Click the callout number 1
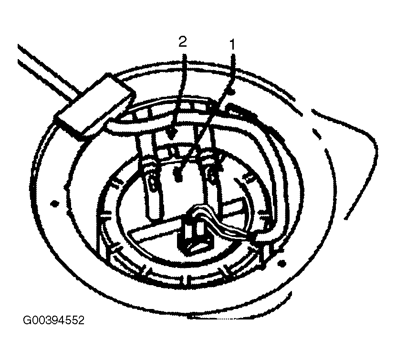[232, 45]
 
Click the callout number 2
[183, 41]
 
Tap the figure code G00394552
[53, 320]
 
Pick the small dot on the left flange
[54, 203]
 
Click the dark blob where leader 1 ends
[178, 174]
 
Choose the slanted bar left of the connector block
[154, 228]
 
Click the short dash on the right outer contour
[317, 134]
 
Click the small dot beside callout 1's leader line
[232, 92]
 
